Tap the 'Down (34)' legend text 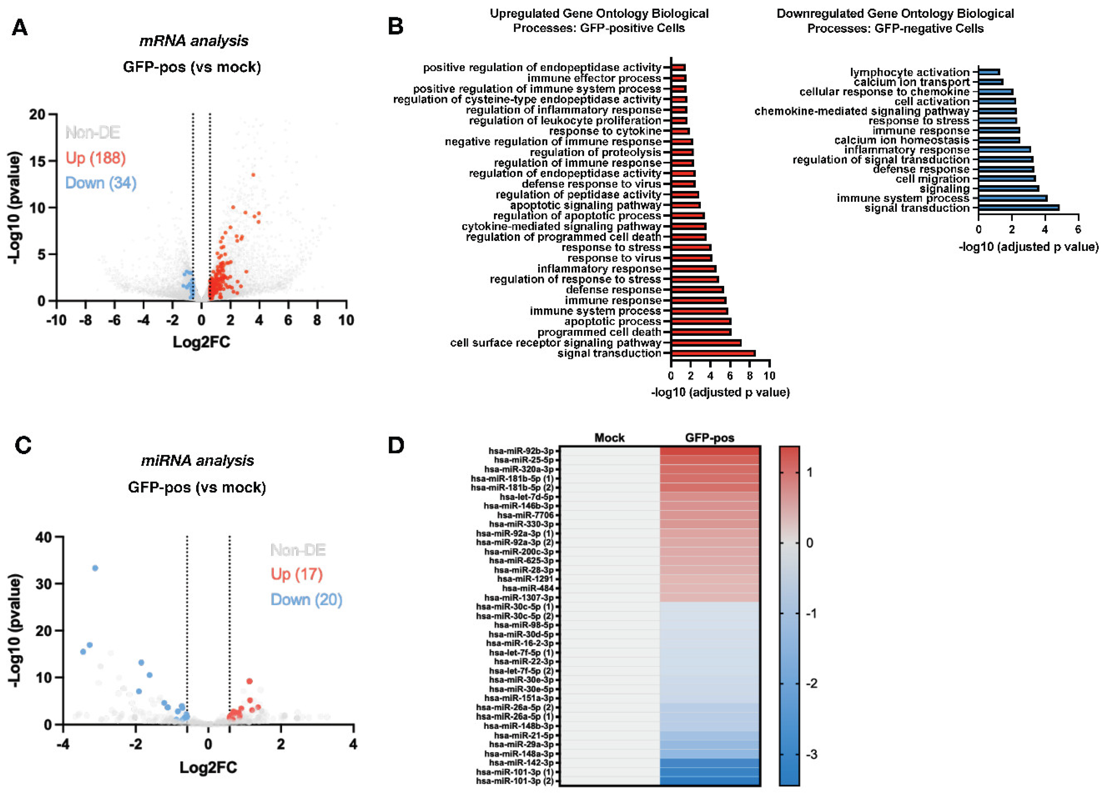click(x=101, y=183)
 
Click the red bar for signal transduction click(x=713, y=353)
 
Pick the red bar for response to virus click(x=691, y=258)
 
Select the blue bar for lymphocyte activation click(x=989, y=72)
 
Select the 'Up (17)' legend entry click(x=297, y=574)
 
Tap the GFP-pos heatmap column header click(x=709, y=438)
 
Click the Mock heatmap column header click(x=609, y=438)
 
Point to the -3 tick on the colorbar click(x=809, y=755)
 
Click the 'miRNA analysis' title click(x=197, y=460)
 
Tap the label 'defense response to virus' click(x=591, y=184)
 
